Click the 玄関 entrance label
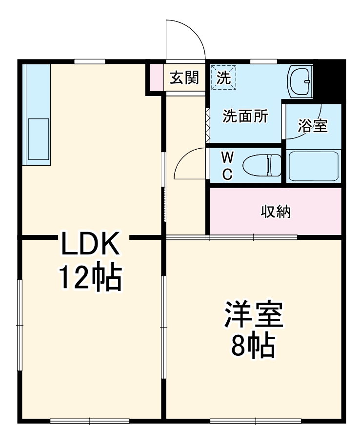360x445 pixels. pyautogui.click(x=184, y=77)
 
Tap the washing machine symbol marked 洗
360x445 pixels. pyautogui.click(x=223, y=77)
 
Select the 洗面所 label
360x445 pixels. pyautogui.click(x=245, y=116)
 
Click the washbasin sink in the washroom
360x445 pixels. pyautogui.click(x=300, y=81)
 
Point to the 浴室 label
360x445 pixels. pyautogui.click(x=313, y=126)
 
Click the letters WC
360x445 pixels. pyautogui.click(x=227, y=166)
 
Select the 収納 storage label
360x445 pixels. pyautogui.click(x=276, y=212)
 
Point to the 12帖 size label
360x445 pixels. pyautogui.click(x=90, y=278)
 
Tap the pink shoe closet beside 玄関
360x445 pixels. pyautogui.click(x=156, y=77)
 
